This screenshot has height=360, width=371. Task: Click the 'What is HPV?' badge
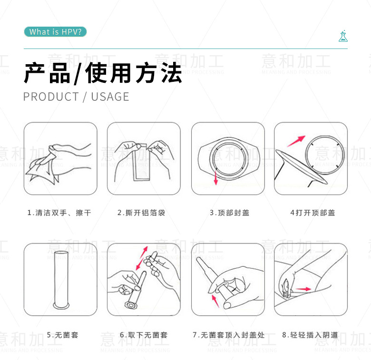[x=55, y=32]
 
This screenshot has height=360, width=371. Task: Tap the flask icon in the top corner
[x=343, y=36]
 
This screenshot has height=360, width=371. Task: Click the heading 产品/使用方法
[x=103, y=73]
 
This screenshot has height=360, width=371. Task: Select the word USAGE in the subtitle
[x=110, y=97]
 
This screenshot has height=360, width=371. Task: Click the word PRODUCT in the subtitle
[x=51, y=97]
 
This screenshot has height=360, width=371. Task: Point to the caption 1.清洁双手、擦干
[x=59, y=213]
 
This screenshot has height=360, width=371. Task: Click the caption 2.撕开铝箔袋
[x=141, y=213]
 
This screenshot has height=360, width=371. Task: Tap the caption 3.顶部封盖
[x=230, y=213]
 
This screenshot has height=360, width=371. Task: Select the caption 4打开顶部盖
[x=312, y=213]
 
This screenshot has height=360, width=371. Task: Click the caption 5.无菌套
[x=62, y=335]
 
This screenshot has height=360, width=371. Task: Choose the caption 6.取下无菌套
[x=144, y=335]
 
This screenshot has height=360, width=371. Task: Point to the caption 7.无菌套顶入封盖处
[x=229, y=335]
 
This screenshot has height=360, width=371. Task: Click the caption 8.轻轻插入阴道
[x=310, y=335]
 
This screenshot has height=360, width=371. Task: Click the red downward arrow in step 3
[x=215, y=178]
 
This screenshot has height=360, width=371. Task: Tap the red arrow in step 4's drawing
[x=296, y=141]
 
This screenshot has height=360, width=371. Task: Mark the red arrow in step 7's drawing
[x=215, y=301]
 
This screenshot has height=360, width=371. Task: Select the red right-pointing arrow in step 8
[x=303, y=289]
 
